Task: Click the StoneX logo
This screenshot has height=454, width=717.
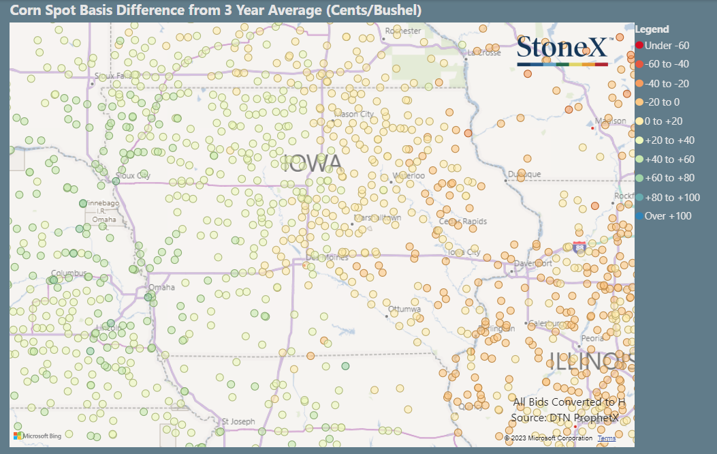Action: coord(562,50)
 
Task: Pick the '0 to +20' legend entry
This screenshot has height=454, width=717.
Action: coord(663,121)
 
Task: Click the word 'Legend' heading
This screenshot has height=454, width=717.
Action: coord(652,29)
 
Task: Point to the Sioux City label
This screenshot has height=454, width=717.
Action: coord(133,175)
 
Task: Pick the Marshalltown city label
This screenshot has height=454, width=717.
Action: coord(377,217)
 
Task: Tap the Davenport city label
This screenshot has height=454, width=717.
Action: coord(533,263)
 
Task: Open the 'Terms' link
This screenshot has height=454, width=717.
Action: coord(606,438)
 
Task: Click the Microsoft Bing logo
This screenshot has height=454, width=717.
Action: coord(38,435)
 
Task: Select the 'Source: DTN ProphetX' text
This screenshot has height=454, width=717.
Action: coord(565,417)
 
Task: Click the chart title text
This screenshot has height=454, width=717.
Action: coord(215,10)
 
